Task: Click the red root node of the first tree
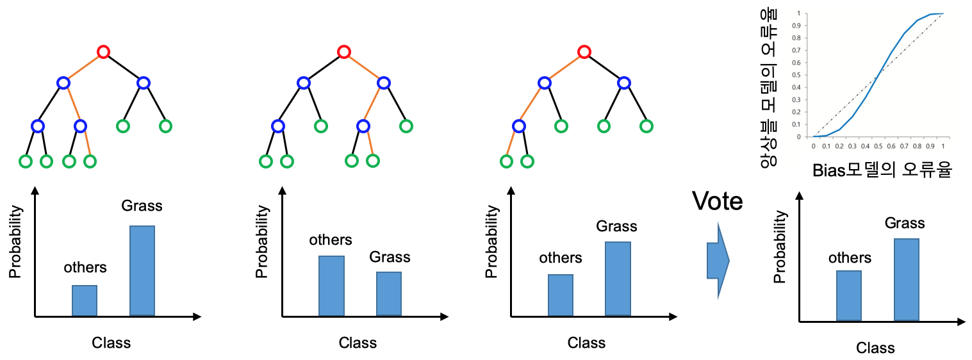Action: click(x=103, y=52)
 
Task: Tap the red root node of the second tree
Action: click(x=344, y=52)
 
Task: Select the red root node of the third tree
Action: click(x=583, y=52)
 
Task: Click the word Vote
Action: click(x=718, y=202)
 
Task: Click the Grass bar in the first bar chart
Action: click(x=142, y=270)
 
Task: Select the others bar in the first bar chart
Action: click(x=85, y=300)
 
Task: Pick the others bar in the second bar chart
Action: click(x=331, y=286)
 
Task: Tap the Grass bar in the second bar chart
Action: click(x=389, y=293)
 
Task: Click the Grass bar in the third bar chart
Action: click(x=618, y=279)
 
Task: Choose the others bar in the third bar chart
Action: click(x=561, y=295)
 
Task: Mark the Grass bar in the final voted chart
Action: click(x=907, y=279)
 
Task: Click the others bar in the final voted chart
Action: click(x=849, y=295)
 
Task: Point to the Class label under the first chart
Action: click(x=111, y=343)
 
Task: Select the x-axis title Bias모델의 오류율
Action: click(x=881, y=171)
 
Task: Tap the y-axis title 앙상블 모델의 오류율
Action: click(x=768, y=88)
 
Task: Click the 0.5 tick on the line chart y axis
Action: click(x=797, y=75)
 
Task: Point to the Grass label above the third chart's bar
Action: click(x=616, y=226)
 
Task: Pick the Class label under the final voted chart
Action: click(x=875, y=348)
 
